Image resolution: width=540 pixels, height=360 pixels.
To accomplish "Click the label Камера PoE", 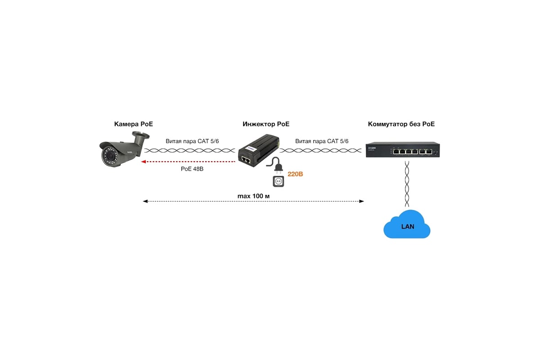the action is (x=133, y=124).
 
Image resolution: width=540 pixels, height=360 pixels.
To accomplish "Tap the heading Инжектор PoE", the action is (x=266, y=124).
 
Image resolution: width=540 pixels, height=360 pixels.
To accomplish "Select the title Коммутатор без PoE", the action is (x=401, y=124).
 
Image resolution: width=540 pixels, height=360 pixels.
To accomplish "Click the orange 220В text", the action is (x=295, y=174).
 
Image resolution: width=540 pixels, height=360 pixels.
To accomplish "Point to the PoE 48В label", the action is (x=192, y=169).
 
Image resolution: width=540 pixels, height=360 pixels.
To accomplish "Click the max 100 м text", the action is (x=253, y=196).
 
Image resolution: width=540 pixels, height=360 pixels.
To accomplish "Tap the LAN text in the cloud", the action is (x=408, y=226).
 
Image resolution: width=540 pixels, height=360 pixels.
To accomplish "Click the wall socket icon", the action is (x=278, y=181).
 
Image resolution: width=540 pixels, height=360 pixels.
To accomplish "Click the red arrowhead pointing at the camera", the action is (x=143, y=162).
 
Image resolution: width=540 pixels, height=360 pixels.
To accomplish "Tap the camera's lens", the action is (x=110, y=156).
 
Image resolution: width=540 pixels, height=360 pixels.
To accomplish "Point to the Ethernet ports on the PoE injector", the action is (x=246, y=159).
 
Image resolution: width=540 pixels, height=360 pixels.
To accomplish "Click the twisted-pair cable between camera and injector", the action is (x=190, y=151).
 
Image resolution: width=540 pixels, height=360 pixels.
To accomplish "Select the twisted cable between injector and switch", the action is (x=320, y=151).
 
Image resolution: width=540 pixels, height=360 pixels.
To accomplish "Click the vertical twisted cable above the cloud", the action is (x=407, y=184).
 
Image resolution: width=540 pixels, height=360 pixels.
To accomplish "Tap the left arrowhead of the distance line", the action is (x=145, y=201).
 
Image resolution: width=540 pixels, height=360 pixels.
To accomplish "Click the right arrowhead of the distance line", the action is (x=361, y=201).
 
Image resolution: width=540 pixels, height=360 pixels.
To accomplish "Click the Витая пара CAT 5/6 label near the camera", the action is (x=192, y=141).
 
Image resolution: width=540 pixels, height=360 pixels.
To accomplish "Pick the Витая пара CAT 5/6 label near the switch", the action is (x=322, y=141).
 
